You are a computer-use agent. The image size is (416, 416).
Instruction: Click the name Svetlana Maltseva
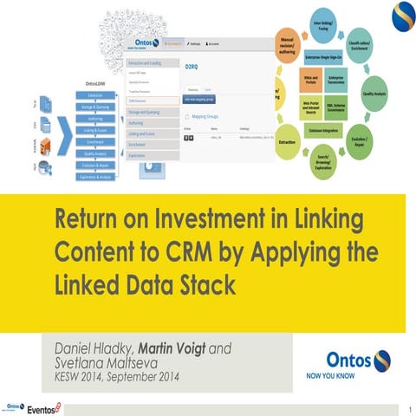pos(101,364)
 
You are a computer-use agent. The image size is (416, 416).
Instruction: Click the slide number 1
pos(407,406)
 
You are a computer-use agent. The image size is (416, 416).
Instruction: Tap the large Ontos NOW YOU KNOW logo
pos(360,365)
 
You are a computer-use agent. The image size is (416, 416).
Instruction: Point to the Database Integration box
pos(334,131)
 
